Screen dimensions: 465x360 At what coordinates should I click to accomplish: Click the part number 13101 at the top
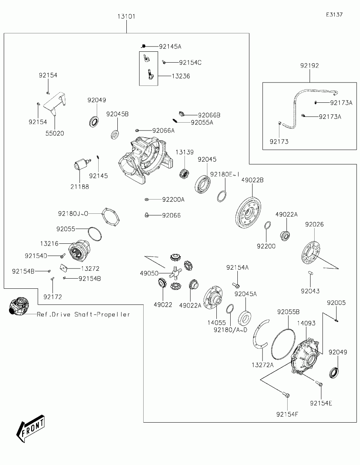pyautogui.click(x=126, y=16)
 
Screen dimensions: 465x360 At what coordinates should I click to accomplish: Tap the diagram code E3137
pyautogui.click(x=334, y=15)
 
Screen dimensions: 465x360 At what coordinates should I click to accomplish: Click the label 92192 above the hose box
pyautogui.click(x=309, y=66)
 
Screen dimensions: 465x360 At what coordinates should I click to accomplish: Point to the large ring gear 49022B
pyautogui.click(x=248, y=213)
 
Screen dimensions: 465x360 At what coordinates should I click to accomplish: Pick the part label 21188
pyautogui.click(x=79, y=186)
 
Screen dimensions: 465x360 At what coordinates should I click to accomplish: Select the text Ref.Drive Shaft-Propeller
pyautogui.click(x=83, y=314)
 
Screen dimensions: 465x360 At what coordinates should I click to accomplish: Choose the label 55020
pyautogui.click(x=54, y=133)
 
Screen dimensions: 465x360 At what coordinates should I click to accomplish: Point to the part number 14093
pyautogui.click(x=306, y=323)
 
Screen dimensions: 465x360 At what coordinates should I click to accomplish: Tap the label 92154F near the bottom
pyautogui.click(x=287, y=414)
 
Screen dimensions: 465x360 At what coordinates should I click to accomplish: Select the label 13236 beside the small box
pyautogui.click(x=181, y=76)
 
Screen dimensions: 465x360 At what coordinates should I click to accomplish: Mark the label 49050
pyautogui.click(x=149, y=273)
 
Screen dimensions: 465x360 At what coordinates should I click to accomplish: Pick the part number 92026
pyautogui.click(x=314, y=224)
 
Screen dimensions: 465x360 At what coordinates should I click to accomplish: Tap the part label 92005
pyautogui.click(x=336, y=303)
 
